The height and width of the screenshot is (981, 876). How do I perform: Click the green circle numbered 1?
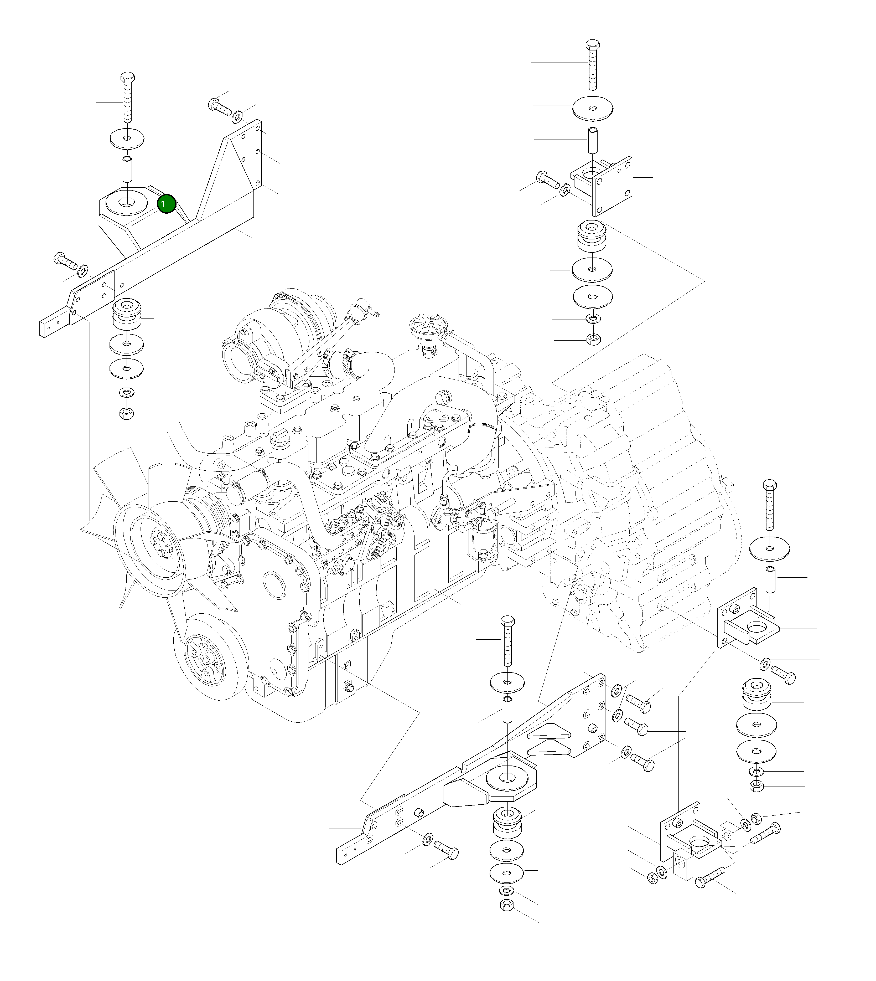[x=166, y=204]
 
